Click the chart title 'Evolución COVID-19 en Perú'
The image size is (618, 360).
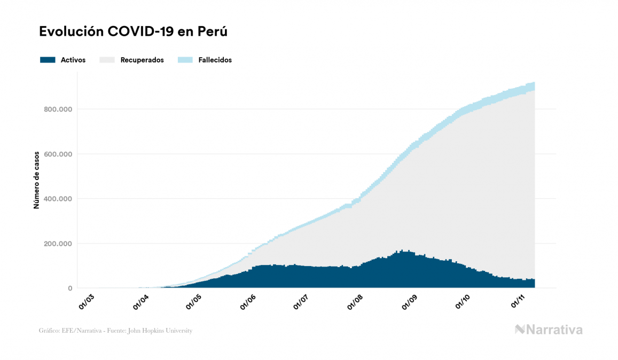(x=134, y=32)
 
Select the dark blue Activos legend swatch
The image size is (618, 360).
(x=48, y=60)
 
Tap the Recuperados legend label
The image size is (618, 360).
(x=142, y=60)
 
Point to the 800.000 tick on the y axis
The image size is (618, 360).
(x=59, y=109)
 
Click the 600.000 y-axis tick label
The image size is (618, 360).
(x=59, y=154)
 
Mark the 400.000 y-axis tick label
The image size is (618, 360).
(x=59, y=199)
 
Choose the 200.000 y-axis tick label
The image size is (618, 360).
(x=59, y=244)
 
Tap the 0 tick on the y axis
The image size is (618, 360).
(x=69, y=288)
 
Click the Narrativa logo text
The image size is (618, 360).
(x=554, y=330)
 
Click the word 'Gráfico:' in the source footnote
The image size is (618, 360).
(x=50, y=331)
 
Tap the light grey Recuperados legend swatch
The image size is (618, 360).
(x=107, y=60)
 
